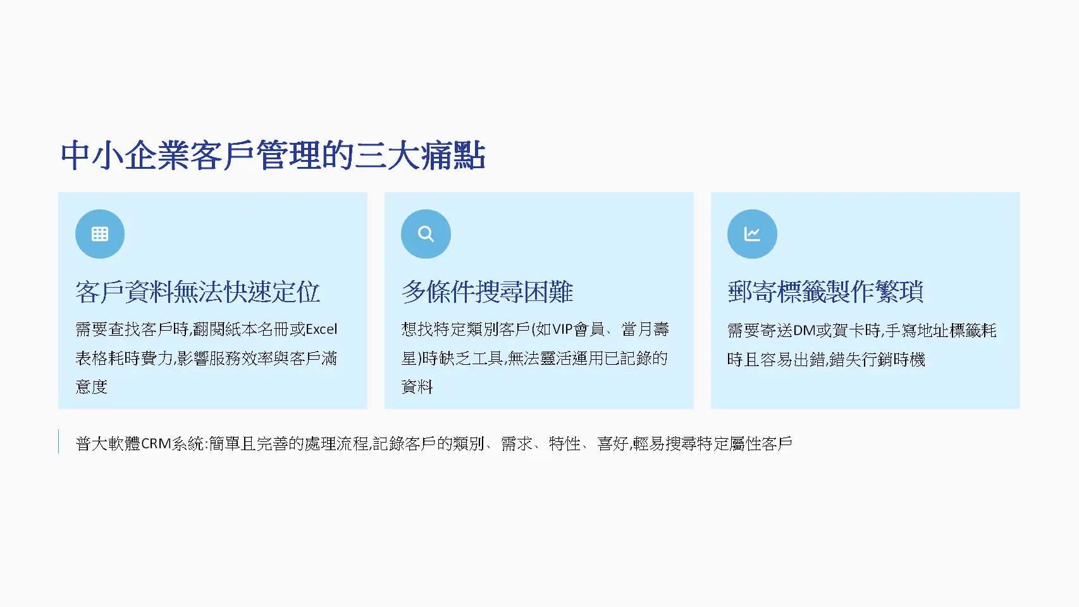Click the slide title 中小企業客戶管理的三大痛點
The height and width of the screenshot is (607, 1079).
coord(273,156)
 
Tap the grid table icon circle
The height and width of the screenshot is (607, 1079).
coord(100,234)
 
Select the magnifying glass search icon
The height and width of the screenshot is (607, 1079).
coord(426,234)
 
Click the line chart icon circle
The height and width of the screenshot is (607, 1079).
coord(752,234)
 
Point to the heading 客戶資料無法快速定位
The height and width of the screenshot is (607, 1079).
coord(197,292)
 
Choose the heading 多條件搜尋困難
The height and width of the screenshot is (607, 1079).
coord(487,292)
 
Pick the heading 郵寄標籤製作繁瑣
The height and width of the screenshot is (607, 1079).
coord(825,292)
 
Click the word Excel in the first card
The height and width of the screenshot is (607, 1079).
coord(321,329)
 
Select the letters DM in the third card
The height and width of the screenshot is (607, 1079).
coord(804,331)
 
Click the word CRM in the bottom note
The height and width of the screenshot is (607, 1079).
coord(156,444)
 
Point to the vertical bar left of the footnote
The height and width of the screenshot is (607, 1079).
coord(59,441)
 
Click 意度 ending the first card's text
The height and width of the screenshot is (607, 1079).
coord(92,387)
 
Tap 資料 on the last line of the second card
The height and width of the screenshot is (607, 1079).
coord(417,387)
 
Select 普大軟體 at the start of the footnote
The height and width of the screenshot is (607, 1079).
coord(108,444)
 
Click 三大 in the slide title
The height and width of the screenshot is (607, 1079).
coord(388,156)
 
